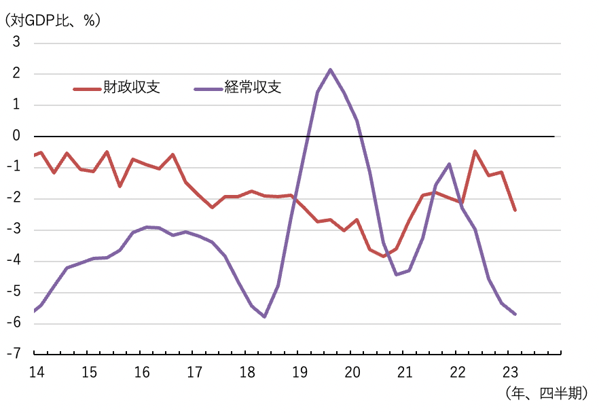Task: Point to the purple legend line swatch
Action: [x=206, y=88]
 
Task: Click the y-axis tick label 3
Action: [x=16, y=42]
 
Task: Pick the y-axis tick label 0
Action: [x=16, y=136]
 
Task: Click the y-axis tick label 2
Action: [x=16, y=73]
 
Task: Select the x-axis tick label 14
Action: [x=36, y=372]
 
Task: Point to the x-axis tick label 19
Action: [x=299, y=372]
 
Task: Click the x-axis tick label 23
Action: [x=510, y=372]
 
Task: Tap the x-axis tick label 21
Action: [x=405, y=372]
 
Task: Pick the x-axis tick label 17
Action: [x=194, y=372]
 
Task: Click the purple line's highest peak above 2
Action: [x=330, y=69]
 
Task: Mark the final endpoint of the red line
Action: [x=515, y=210]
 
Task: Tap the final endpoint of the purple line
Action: [x=515, y=314]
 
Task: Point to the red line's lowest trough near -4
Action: [x=384, y=256]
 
